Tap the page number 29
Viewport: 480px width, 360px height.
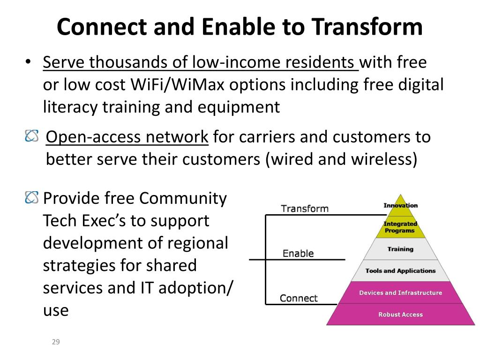pyautogui.click(x=56, y=342)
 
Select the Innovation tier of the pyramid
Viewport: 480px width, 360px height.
pyautogui.click(x=400, y=205)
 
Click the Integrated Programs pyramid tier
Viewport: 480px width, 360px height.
pyautogui.click(x=400, y=227)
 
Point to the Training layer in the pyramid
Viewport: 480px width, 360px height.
pyautogui.click(x=400, y=249)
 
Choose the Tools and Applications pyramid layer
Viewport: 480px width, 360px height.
pyautogui.click(x=400, y=270)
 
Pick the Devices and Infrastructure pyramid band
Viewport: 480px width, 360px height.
pyautogui.click(x=400, y=292)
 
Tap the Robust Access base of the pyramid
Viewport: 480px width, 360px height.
pyautogui.click(x=400, y=315)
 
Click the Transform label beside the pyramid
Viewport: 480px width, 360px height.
pyautogui.click(x=305, y=209)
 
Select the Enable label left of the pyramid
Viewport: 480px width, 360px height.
pyautogui.click(x=298, y=254)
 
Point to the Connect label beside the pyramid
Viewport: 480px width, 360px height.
pyautogui.click(x=299, y=298)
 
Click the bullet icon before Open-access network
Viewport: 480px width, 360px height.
pyautogui.click(x=32, y=136)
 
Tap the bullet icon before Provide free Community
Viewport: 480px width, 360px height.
pyautogui.click(x=32, y=198)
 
